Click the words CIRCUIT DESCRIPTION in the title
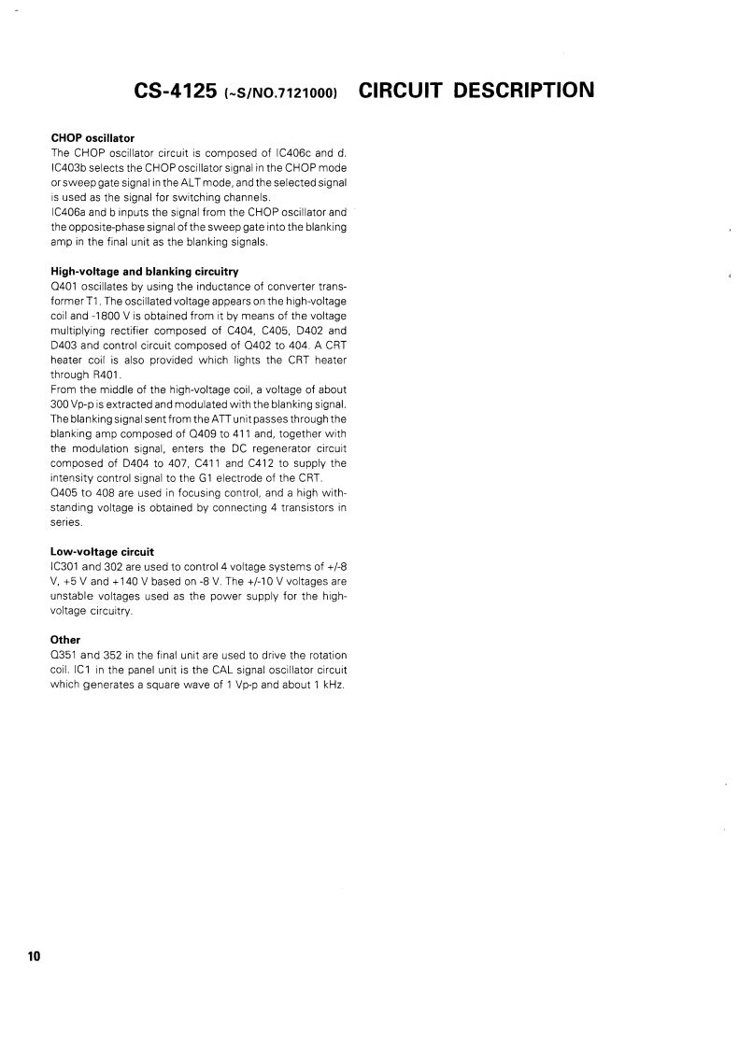(476, 91)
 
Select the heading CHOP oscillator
(92, 138)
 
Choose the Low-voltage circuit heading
(102, 552)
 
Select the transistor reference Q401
(63, 285)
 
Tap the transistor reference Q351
(64, 653)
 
